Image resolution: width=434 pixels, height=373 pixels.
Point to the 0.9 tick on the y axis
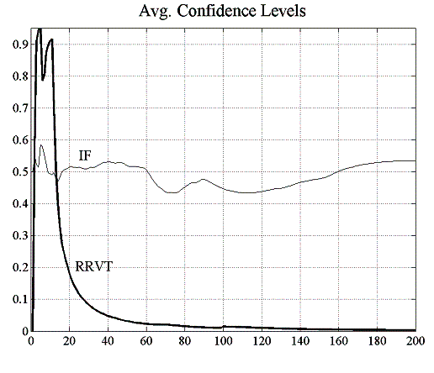pyautogui.click(x=18, y=45)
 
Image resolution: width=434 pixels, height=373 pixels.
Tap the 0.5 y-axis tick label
pyautogui.click(x=18, y=172)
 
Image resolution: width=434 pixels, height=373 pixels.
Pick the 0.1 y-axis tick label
pyautogui.click(x=18, y=299)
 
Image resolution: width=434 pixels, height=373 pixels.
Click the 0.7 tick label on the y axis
pyautogui.click(x=18, y=108)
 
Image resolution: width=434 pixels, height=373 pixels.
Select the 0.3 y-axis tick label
pyautogui.click(x=18, y=236)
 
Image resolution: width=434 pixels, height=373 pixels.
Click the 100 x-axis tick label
pyautogui.click(x=223, y=343)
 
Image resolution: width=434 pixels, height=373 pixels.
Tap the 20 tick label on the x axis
pyautogui.click(x=70, y=343)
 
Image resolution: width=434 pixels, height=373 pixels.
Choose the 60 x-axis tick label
pyautogui.click(x=146, y=343)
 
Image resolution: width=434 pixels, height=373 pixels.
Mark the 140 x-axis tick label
pyautogui.click(x=300, y=343)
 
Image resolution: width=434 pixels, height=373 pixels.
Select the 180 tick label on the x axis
pyautogui.click(x=377, y=343)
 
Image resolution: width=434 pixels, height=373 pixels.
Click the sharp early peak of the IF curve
pyautogui.click(x=41, y=145)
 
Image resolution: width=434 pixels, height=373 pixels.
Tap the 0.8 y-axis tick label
pyautogui.click(x=18, y=77)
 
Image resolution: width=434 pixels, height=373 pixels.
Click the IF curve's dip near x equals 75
pyautogui.click(x=173, y=192)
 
